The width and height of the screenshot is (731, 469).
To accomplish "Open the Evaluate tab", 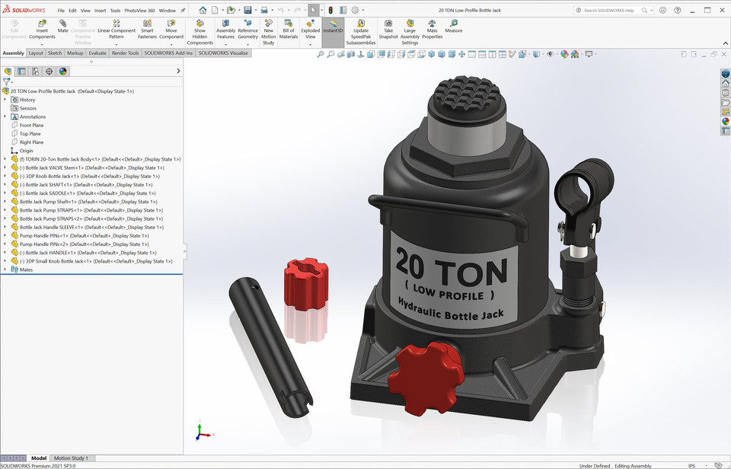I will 97,53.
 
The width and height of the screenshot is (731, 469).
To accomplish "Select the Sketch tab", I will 55,53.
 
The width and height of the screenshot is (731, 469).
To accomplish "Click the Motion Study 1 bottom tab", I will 71,458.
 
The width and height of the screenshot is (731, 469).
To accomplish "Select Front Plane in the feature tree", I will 31,125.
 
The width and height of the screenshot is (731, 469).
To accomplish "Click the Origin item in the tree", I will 26,151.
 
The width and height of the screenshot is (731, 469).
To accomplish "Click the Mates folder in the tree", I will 26,270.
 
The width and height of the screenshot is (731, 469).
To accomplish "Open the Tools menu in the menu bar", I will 115,11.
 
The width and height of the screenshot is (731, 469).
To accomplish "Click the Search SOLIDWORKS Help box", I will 612,11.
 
